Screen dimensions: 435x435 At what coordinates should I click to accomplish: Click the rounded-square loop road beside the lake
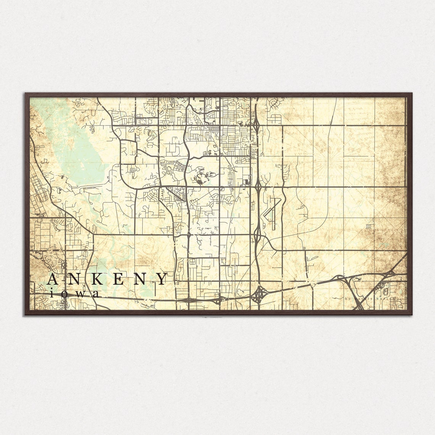pyautogui.click(x=128, y=152)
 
